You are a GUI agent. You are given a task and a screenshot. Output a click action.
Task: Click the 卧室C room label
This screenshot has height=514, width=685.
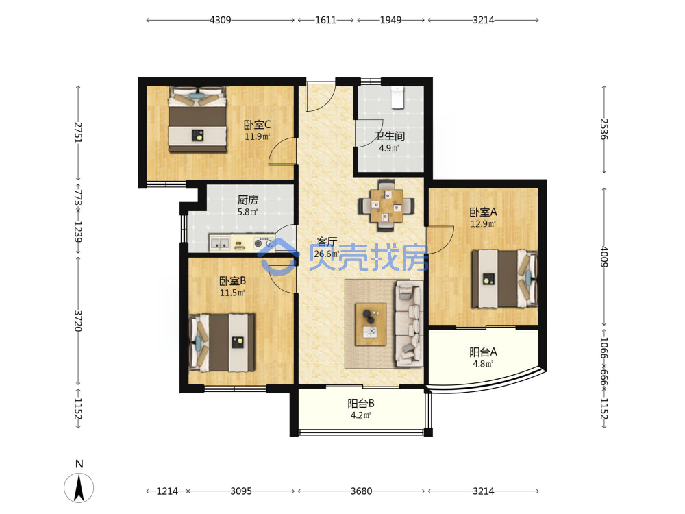click(257, 125)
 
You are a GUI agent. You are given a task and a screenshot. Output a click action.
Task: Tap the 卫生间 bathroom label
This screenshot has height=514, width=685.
click(389, 136)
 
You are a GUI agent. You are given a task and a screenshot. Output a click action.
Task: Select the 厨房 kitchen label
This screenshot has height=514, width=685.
click(248, 200)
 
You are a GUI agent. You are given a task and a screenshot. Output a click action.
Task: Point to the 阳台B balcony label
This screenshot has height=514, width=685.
click(361, 404)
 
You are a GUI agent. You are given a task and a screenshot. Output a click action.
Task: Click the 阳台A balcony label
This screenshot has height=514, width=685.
click(483, 352)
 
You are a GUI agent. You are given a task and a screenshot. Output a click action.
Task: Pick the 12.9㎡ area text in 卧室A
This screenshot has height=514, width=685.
click(483, 224)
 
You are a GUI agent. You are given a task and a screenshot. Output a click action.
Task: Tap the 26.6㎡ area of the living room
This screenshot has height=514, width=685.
click(327, 254)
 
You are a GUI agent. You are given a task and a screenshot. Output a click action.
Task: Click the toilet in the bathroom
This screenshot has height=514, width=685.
click(397, 97)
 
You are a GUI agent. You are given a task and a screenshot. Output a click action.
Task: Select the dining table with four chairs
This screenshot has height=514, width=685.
click(386, 205)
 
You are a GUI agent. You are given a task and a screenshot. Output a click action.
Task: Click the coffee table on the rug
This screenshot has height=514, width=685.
click(371, 324)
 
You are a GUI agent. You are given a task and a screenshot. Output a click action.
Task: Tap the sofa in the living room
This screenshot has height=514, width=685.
click(409, 324)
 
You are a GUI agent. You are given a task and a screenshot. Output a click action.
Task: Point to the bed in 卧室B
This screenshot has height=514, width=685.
click(221, 343)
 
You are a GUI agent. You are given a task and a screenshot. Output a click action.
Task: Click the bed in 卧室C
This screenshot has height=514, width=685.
click(198, 119)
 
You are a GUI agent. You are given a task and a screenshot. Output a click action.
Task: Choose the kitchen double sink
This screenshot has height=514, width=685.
click(220, 243)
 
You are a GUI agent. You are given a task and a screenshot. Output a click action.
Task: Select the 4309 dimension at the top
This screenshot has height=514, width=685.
click(220, 20)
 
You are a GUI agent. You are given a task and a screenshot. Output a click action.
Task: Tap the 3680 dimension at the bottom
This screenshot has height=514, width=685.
click(361, 491)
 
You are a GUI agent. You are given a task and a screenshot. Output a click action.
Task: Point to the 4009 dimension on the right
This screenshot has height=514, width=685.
click(604, 256)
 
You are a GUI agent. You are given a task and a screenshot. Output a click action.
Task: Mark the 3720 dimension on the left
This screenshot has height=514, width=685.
click(78, 321)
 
